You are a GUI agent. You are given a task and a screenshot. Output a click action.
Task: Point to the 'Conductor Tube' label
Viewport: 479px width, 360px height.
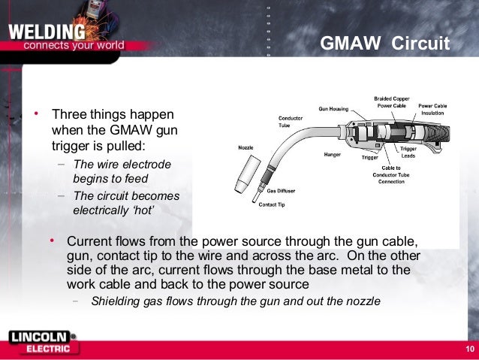(291, 121)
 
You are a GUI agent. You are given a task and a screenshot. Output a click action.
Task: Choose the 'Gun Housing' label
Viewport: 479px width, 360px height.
(333, 109)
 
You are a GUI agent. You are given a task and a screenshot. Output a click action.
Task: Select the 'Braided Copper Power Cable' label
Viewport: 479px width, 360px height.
(392, 102)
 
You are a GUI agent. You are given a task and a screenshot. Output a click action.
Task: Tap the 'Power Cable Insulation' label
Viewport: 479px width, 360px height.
(432, 110)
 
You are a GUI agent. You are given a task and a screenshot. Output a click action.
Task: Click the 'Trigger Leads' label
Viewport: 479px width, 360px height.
(408, 152)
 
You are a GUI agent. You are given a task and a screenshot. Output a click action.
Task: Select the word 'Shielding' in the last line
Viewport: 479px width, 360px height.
(114, 301)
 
